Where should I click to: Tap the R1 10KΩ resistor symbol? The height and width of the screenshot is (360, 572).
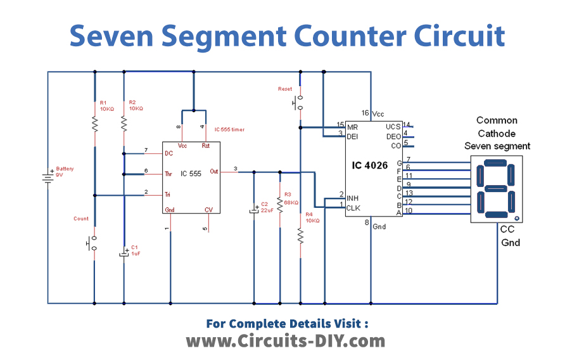[x=94, y=123]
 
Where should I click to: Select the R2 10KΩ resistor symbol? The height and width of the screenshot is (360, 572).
[x=124, y=123]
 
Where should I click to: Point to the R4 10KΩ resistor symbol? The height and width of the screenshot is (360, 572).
[x=301, y=236]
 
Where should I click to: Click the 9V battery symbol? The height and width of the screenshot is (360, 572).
[x=48, y=176]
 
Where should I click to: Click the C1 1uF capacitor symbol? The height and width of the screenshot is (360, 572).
[x=124, y=254]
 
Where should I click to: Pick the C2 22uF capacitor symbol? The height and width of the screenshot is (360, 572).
[x=254, y=210]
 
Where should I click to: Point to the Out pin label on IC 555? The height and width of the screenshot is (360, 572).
[x=214, y=171]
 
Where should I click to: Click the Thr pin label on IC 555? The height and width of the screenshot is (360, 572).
[x=169, y=173]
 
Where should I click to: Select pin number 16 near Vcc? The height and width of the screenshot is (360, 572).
[x=365, y=113]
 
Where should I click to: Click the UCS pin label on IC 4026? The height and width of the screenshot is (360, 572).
[x=393, y=125]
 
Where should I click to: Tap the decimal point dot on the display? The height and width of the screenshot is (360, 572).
[x=517, y=218]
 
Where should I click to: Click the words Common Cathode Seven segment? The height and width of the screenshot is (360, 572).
[x=497, y=133]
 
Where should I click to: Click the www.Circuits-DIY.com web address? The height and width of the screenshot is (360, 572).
[x=285, y=341]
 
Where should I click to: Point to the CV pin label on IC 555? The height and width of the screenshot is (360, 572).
[x=208, y=210]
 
